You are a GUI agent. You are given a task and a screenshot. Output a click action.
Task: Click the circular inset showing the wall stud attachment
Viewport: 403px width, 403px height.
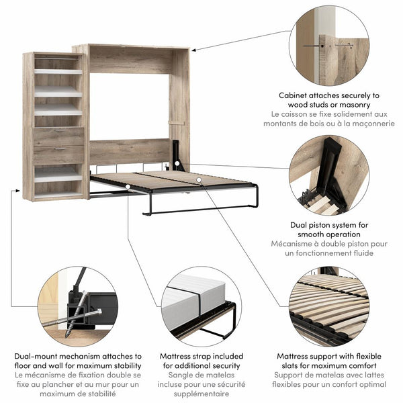(x=328, y=44)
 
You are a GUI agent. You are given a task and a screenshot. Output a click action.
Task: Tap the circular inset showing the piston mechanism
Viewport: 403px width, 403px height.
(x=328, y=175)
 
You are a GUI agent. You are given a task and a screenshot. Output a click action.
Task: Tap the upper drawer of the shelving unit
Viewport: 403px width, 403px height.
(x=59, y=137)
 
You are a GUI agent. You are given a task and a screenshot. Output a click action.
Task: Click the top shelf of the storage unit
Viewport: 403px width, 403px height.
(x=58, y=71)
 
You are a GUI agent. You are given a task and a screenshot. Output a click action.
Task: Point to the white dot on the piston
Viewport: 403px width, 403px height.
(x=176, y=163)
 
